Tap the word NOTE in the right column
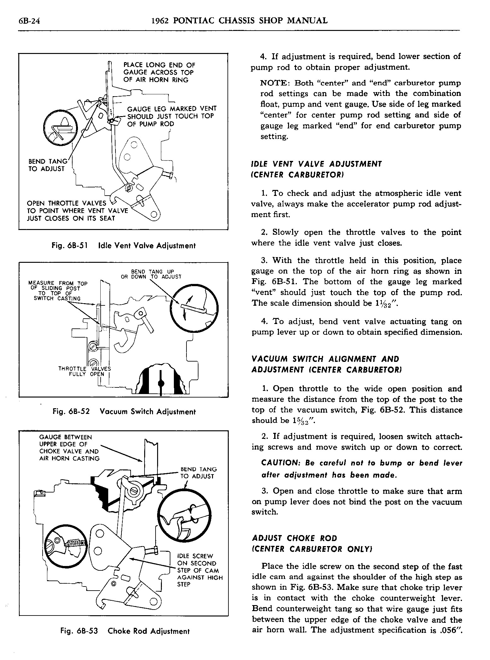(275, 83)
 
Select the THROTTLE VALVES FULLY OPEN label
(85, 371)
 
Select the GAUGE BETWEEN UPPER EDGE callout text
(69, 448)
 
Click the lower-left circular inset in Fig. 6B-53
(66, 546)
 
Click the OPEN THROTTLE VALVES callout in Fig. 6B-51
(77, 211)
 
